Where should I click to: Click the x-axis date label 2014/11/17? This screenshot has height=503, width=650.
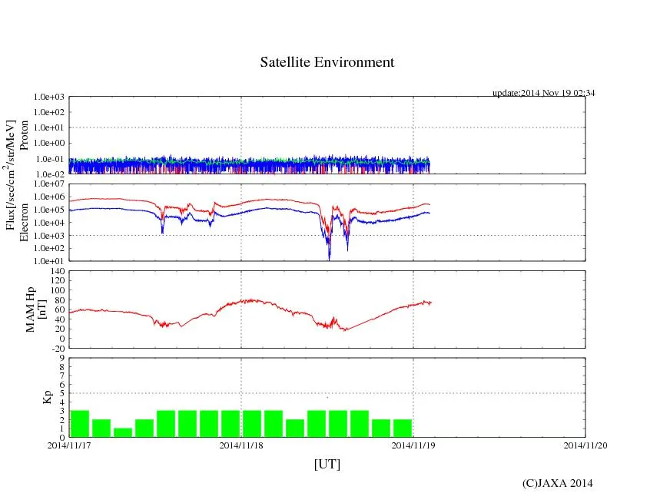(x=69, y=445)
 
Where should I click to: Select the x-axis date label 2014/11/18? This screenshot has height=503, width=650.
(x=241, y=445)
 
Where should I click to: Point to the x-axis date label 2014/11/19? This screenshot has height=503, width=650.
(x=413, y=445)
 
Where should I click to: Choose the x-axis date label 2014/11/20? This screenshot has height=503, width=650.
(x=585, y=445)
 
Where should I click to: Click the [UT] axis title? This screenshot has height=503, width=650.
(x=327, y=465)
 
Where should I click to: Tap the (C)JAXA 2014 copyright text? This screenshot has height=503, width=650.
(x=557, y=483)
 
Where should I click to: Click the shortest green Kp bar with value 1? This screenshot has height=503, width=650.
(x=123, y=432)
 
